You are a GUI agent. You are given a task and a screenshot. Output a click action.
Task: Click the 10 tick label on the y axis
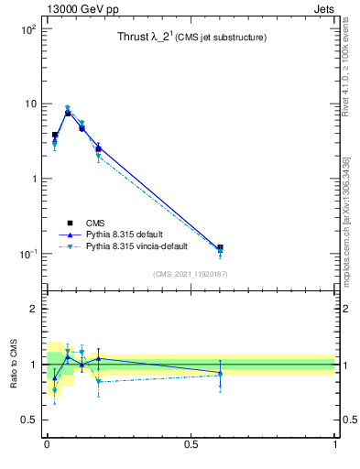(x=28, y=104)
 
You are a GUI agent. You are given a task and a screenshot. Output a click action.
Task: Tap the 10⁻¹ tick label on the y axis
(x=26, y=254)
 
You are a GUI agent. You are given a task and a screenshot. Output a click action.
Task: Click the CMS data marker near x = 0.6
(x=220, y=247)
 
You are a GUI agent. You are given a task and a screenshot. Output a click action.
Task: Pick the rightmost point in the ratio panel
(x=220, y=374)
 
